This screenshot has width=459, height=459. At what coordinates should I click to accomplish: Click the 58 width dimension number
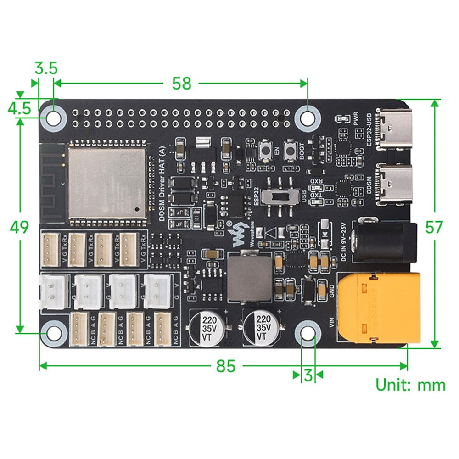(181, 84)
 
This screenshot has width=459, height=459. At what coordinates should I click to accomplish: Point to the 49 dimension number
(20, 227)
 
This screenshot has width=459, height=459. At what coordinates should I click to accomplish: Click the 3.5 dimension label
(46, 69)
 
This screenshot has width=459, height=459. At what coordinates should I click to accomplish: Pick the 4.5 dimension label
(19, 109)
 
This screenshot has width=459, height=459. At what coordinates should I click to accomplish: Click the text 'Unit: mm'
(410, 385)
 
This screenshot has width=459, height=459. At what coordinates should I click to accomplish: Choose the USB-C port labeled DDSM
(393, 185)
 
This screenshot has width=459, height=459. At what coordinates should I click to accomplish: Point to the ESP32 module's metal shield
(107, 182)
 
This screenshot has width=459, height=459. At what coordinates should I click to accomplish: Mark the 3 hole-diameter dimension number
(308, 375)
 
